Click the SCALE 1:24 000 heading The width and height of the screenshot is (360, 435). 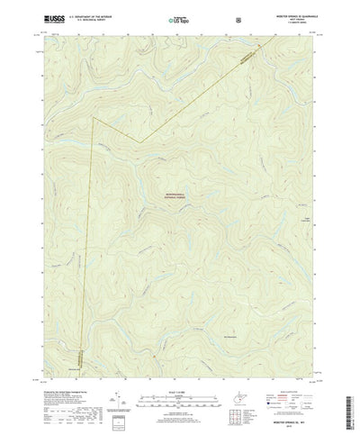click(181, 367)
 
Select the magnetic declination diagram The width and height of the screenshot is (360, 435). click(116, 376)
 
